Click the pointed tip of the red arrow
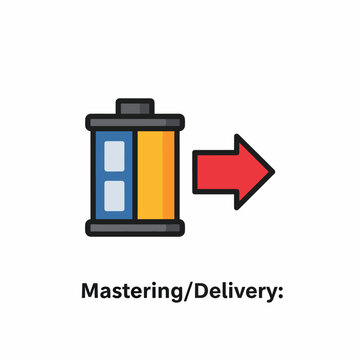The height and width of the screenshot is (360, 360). [x=273, y=172]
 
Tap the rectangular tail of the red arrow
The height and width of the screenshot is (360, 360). [x=215, y=172]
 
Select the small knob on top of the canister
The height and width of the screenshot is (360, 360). [x=135, y=107]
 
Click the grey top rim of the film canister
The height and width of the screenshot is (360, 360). [x=135, y=122]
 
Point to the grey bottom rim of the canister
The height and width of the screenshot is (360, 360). [x=135, y=228]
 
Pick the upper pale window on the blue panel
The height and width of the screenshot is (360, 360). [x=114, y=156]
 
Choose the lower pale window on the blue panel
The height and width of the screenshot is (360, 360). [x=114, y=196]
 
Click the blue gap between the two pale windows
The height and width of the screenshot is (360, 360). [x=114, y=176]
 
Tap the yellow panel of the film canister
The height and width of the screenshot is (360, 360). [x=150, y=175]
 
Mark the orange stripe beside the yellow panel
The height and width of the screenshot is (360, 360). [x=169, y=175]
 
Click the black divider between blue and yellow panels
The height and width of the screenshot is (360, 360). [x=135, y=175]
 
